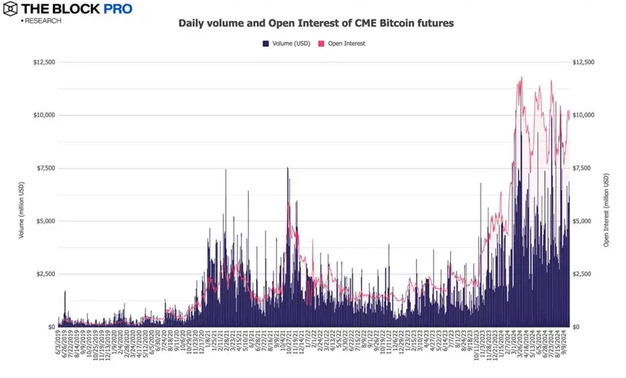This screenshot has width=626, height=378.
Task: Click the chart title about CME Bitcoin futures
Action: [316, 23]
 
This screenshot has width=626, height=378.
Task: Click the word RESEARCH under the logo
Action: [43, 21]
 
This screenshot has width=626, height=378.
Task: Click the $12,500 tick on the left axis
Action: [44, 62]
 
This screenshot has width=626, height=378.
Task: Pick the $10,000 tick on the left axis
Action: [44, 115]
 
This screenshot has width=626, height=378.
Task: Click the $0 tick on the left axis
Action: [51, 327]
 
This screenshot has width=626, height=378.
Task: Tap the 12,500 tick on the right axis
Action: [584, 62]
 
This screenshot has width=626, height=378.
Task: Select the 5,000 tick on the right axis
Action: [583, 221]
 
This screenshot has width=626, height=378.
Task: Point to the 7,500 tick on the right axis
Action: [583, 168]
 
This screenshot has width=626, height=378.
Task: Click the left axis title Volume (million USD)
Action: [22, 194]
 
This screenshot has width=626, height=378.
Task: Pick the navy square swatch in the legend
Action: [265, 43]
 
